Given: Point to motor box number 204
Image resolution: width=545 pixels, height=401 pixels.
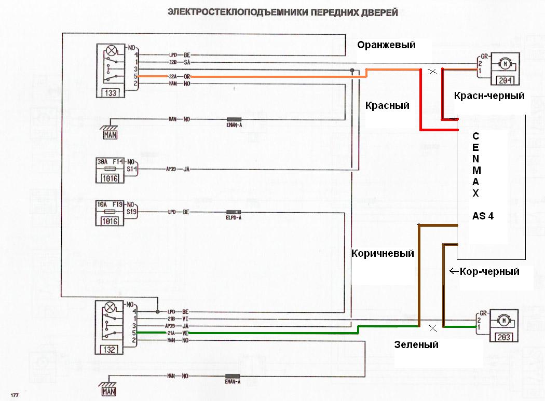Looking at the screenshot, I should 503,80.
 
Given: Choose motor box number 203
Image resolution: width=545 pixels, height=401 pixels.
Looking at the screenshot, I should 503,337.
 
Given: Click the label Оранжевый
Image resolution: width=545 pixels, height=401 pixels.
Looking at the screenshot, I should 387,45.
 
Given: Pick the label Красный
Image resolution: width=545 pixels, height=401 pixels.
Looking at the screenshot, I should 387,106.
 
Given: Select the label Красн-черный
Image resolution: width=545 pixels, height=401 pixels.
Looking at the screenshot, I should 489,96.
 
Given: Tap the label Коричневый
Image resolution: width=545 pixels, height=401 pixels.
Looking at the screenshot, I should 383,254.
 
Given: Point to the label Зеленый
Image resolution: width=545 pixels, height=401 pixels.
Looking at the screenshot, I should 416,344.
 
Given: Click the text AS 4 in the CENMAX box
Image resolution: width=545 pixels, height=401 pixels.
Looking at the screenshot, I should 483,216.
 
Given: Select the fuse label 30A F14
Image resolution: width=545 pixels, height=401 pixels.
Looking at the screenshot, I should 110,161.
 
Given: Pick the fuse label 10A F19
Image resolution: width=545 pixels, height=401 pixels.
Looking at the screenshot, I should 110,204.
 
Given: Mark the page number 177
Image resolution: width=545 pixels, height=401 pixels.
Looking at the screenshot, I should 15,396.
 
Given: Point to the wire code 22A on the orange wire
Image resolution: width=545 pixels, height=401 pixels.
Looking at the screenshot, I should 173,76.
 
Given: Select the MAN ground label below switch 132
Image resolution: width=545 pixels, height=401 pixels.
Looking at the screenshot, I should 109,391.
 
